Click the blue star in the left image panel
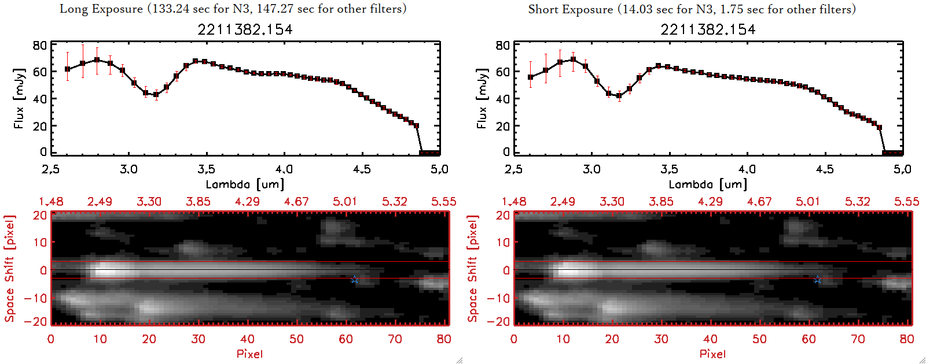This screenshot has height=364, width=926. point(355,280)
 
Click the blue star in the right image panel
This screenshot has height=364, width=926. point(818,280)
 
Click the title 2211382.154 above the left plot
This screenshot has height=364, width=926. point(245,29)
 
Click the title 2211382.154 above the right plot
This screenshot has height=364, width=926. point(708,29)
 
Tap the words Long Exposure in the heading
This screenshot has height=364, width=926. point(101,9)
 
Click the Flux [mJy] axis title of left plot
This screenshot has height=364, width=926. point(19,99)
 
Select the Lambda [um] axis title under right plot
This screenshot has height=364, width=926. point(708,184)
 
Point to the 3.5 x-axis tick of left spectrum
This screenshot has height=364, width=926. point(206,169)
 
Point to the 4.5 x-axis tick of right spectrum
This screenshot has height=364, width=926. point(825,169)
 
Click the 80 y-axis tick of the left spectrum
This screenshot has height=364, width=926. point(40,46)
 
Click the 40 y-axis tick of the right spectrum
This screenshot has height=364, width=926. point(503,99)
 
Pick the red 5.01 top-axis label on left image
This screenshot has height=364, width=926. point(345,202)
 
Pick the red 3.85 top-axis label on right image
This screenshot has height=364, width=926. point(661,202)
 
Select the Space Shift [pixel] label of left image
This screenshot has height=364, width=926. point(9,269)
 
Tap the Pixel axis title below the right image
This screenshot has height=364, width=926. point(712,354)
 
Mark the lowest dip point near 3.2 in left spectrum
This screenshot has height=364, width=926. point(156,95)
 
